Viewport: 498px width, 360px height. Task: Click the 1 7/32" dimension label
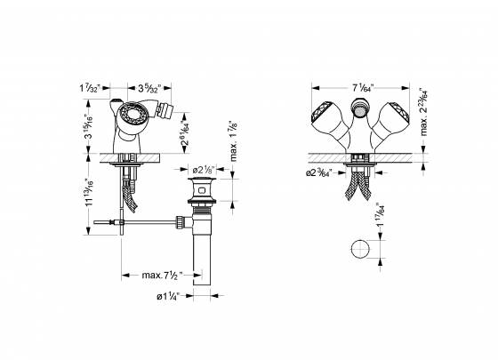click(92, 88)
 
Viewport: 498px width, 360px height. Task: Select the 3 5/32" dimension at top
click(132, 88)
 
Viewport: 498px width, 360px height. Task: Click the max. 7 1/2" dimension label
click(161, 276)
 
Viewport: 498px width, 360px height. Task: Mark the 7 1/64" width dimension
click(363, 88)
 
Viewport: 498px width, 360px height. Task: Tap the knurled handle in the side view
click(133, 116)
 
